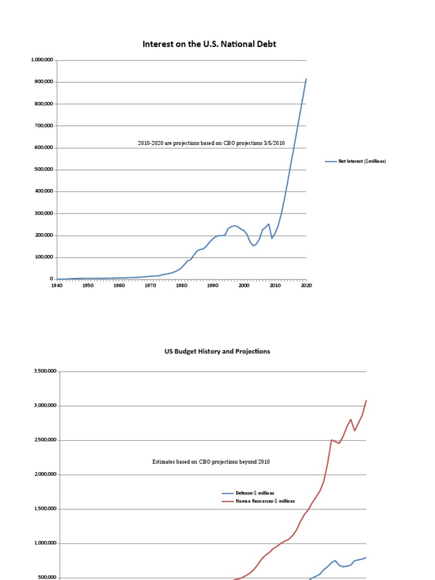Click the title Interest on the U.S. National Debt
pos(209,44)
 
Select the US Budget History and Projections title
pos(217,351)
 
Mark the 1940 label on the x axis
pos(57,286)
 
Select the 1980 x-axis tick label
pos(181,286)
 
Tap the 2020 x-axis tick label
pos(306,286)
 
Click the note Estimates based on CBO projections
pos(211,462)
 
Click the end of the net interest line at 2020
pos(306,79)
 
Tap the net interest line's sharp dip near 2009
pos(272,238)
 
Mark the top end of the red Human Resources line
pos(366,400)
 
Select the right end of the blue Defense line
pos(366,557)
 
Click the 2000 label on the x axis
pos(244,286)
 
